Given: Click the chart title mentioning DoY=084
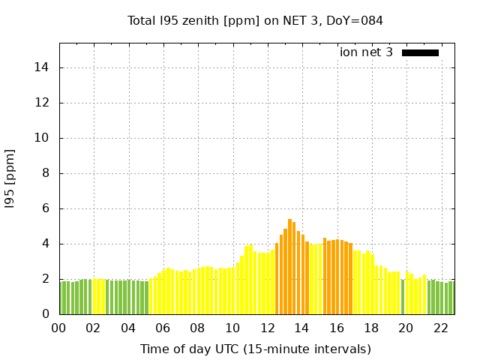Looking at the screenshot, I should coord(255,20).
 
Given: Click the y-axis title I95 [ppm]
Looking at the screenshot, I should coord(10,178).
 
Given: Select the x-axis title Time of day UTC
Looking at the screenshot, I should coord(255,349).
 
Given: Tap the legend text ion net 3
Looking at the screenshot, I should coord(366,52).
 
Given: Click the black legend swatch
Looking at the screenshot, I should coord(420,52).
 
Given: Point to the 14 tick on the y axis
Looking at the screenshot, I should coord(42,67).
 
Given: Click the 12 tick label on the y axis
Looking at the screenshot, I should coord(42,103).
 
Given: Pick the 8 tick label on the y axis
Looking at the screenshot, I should coord(45,173).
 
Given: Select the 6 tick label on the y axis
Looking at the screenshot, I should coord(45,208).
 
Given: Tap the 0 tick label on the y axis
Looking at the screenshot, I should coord(45,314).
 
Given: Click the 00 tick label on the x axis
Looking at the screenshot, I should coord(58,328).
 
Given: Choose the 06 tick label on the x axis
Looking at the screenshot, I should coord(163,328).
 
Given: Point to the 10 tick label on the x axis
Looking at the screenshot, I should coord(232,328).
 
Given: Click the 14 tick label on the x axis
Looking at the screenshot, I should coord(301,328).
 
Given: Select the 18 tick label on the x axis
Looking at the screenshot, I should coord(371,328).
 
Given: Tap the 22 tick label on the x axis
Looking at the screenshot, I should coord(440,328).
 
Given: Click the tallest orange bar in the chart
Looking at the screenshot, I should coord(289,266).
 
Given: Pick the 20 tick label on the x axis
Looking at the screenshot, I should coord(406,328).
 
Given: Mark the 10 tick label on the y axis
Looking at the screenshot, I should coord(42,138).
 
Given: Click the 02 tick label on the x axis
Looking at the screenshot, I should coord(93,328).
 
